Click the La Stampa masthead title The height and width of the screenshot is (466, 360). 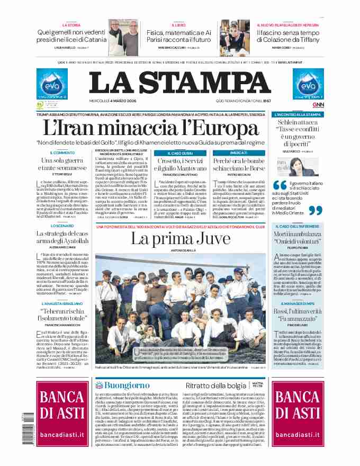coord(180,81)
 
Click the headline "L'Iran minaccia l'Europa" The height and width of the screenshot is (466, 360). coord(154,128)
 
